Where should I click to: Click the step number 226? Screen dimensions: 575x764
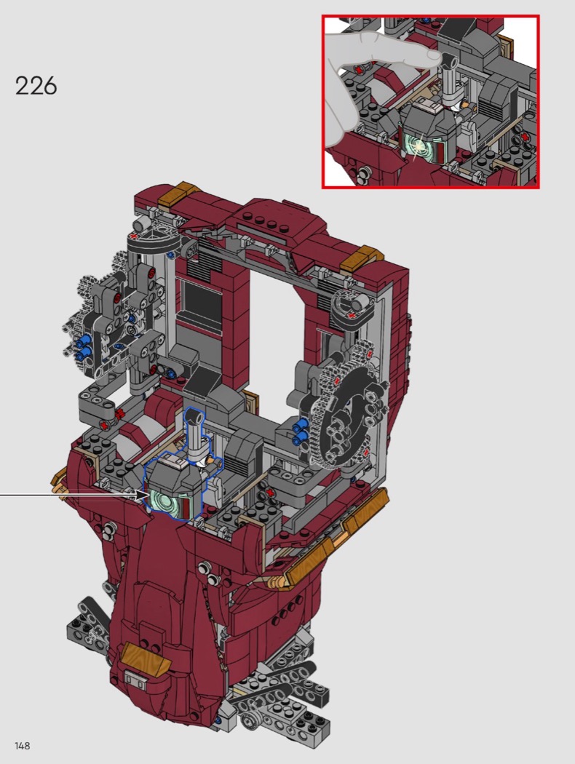pos(36,86)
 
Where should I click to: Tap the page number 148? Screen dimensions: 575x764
pos(23,746)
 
